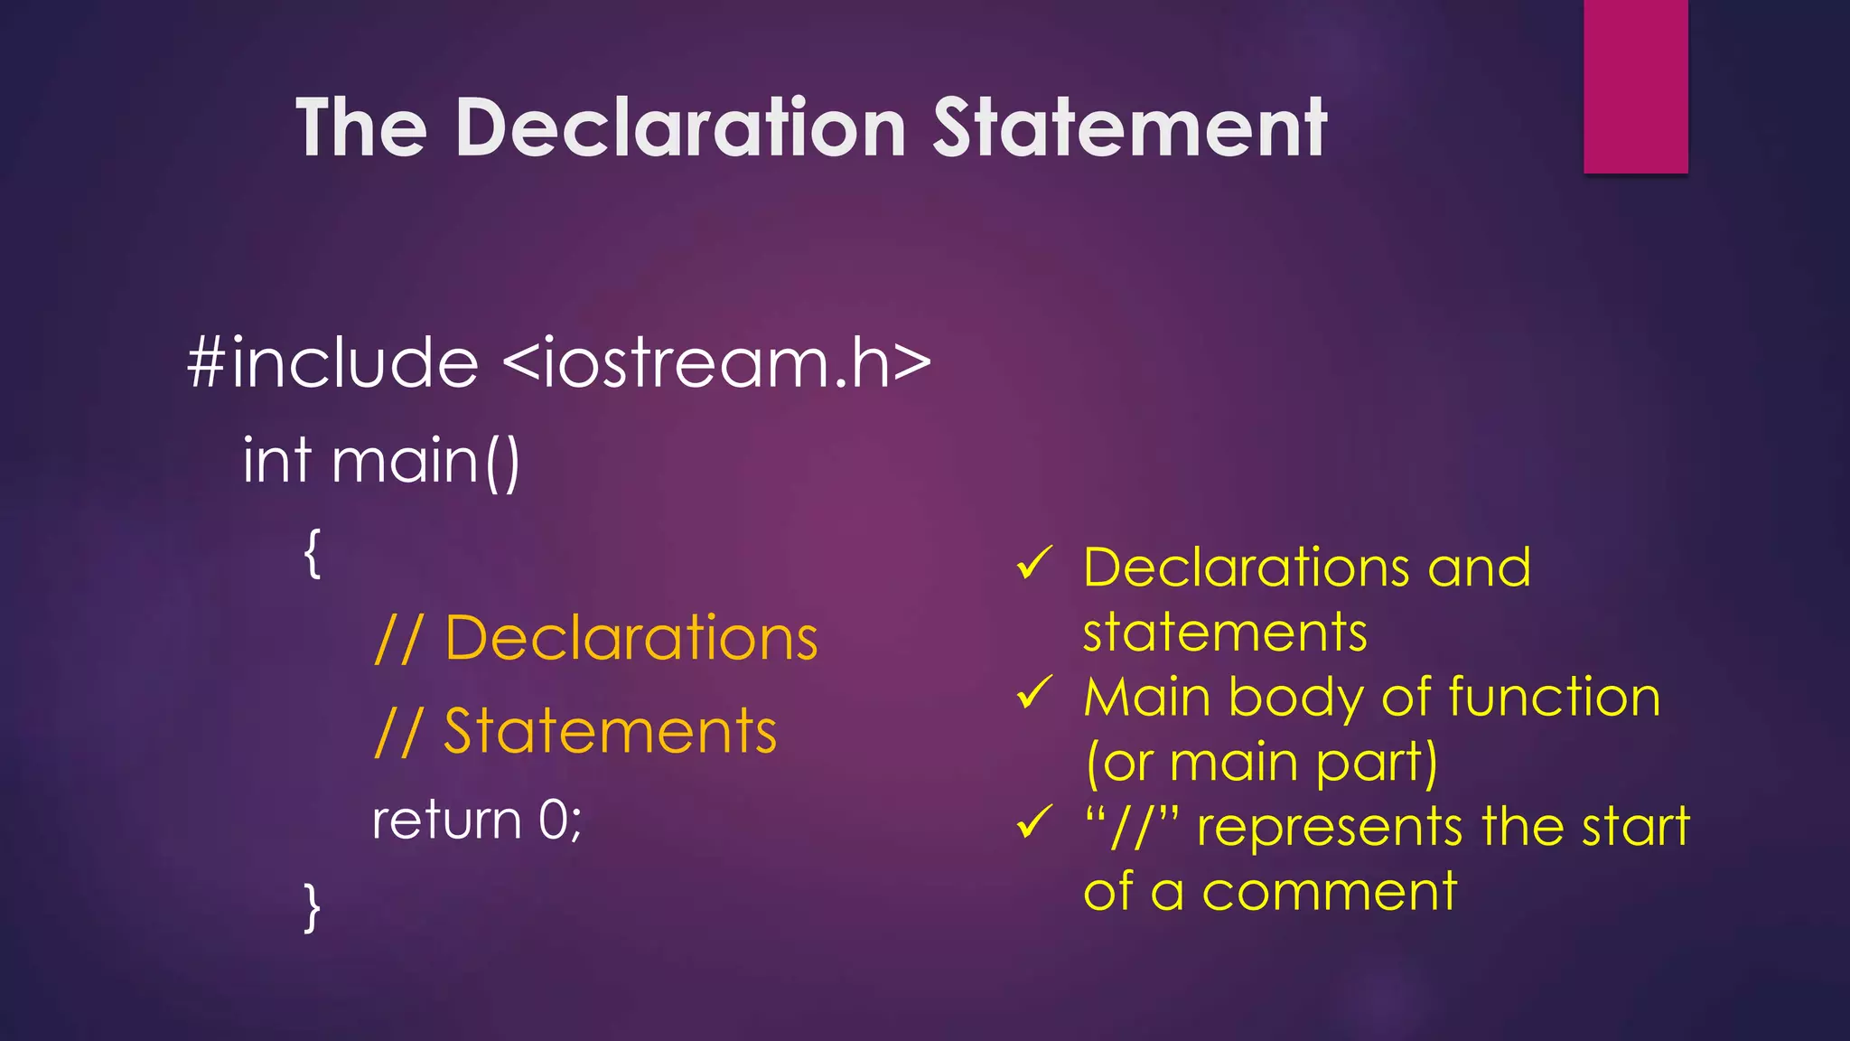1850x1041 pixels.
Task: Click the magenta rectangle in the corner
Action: coord(1635,86)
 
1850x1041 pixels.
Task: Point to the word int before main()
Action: coord(277,461)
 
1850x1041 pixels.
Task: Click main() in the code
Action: coord(425,462)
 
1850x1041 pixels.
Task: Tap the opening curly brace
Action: coord(313,553)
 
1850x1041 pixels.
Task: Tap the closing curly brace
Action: coord(313,907)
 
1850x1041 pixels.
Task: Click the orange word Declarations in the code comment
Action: coord(631,639)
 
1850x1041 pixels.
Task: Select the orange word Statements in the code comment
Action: coord(610,731)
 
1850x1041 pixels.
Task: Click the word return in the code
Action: coord(447,821)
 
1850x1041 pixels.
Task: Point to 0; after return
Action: coord(560,821)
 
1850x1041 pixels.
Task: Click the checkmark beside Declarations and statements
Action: coord(1033,565)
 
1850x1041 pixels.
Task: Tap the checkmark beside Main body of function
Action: coord(1033,694)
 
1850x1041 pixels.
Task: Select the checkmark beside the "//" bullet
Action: coord(1033,823)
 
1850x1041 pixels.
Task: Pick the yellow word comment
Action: coord(1329,892)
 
